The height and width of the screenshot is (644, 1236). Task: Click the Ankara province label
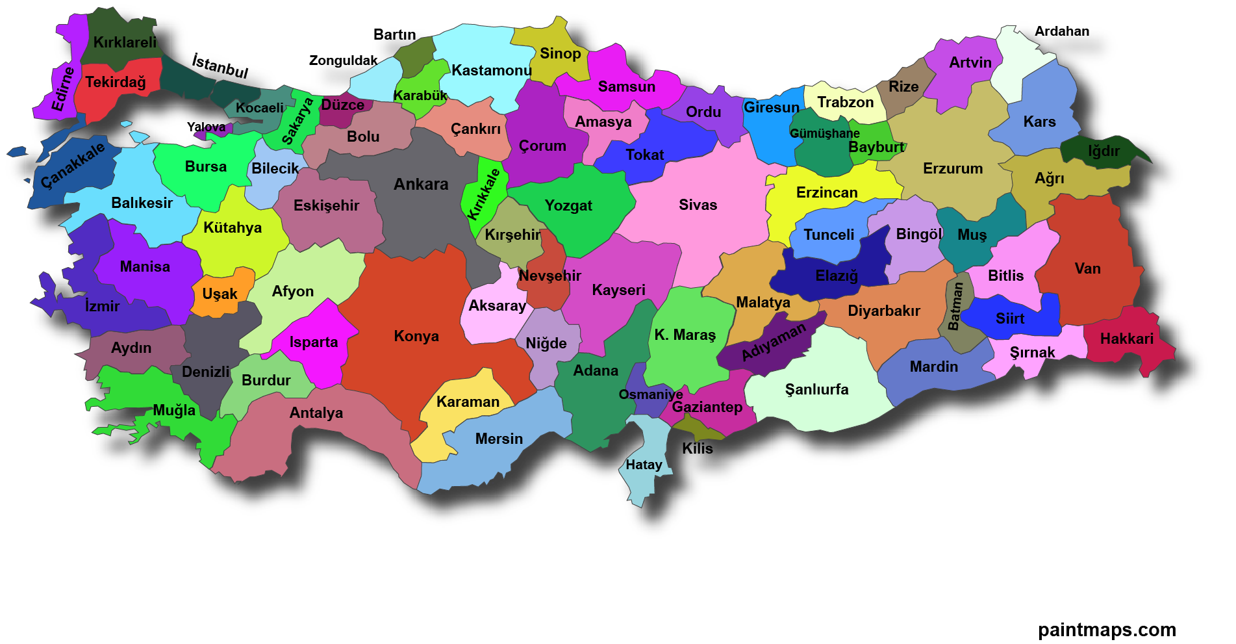421,185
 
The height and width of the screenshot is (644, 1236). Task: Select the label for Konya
416,337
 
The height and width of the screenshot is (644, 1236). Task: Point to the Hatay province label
644,465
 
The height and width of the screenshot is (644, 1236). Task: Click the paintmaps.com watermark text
1107,630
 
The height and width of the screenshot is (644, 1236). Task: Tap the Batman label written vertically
955,306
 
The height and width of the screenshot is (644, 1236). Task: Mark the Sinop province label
560,54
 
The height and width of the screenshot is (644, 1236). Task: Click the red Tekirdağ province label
116,83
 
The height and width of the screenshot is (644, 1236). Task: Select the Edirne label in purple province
63,89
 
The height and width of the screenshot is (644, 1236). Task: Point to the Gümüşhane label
824,134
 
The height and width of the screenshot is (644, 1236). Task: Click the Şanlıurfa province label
816,390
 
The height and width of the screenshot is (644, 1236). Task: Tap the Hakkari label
1126,339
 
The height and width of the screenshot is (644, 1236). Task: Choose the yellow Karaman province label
468,402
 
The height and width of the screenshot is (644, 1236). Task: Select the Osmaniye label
650,395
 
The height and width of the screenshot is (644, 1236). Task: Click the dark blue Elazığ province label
837,276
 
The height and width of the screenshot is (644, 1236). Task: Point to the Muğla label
174,411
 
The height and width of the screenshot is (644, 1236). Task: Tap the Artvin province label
970,63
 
